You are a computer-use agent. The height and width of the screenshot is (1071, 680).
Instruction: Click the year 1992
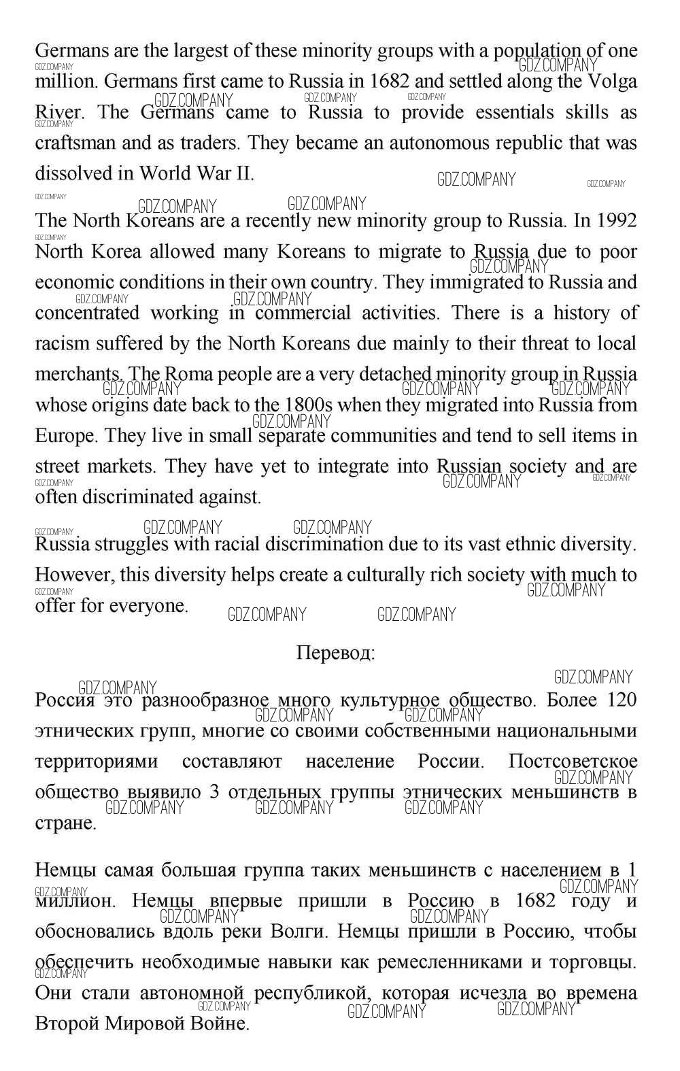617,220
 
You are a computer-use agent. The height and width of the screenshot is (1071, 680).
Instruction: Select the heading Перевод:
336,653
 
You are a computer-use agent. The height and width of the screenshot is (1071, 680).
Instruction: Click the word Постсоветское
573,761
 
